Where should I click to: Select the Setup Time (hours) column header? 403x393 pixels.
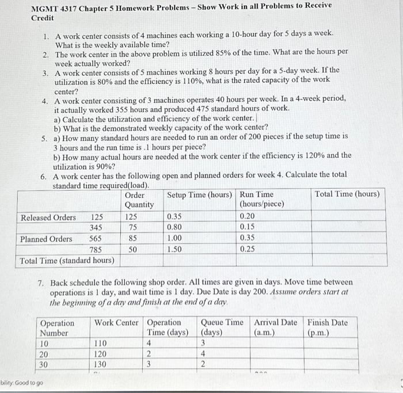200,194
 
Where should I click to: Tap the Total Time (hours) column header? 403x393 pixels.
347,194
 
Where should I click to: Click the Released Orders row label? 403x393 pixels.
48,218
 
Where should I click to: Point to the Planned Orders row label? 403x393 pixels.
46,239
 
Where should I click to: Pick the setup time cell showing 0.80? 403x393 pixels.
175,228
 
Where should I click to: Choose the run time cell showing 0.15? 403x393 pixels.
249,228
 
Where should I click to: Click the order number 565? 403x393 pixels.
96,239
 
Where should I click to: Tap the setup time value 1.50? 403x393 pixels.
175,250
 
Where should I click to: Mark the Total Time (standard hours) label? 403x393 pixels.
67,261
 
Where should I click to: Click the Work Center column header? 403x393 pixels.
117,322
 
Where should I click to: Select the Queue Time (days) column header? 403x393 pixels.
221,327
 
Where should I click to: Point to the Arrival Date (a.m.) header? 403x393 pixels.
276,327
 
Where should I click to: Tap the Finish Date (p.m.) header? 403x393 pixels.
328,327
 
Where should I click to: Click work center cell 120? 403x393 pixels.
101,354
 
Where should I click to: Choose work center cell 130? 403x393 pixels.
101,364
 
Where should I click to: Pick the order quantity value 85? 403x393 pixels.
132,239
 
